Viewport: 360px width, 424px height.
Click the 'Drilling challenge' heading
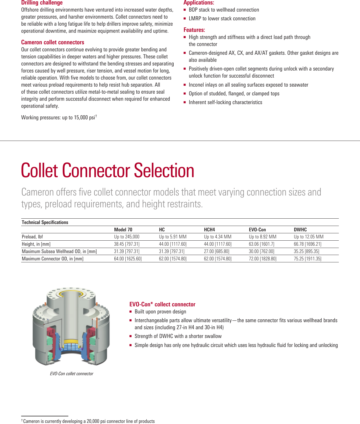(x=42, y=3)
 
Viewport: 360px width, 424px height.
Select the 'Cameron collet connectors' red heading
(x=53, y=42)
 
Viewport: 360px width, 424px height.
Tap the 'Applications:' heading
(x=199, y=3)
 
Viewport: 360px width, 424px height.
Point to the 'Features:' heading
(x=194, y=30)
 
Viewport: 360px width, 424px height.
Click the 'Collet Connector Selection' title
(x=108, y=170)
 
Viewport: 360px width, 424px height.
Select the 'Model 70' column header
(x=123, y=230)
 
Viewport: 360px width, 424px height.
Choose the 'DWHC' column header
(x=300, y=230)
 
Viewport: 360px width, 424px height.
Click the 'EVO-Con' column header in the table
(x=257, y=230)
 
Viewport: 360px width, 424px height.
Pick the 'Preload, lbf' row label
(x=32, y=237)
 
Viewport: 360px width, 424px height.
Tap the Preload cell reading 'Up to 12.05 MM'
(x=309, y=237)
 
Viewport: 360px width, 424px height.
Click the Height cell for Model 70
(x=127, y=244)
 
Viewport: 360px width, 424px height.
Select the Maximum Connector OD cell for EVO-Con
(x=263, y=259)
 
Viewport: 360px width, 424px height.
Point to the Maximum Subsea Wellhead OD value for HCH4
(x=217, y=251)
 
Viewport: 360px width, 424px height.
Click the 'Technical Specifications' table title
(x=45, y=222)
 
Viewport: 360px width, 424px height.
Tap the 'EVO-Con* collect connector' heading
(x=162, y=304)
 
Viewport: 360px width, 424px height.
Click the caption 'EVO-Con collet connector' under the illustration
(x=71, y=374)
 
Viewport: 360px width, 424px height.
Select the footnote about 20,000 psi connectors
(x=89, y=421)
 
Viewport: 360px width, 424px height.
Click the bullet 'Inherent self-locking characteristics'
(x=225, y=102)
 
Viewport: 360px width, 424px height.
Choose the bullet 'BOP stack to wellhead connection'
(x=224, y=10)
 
